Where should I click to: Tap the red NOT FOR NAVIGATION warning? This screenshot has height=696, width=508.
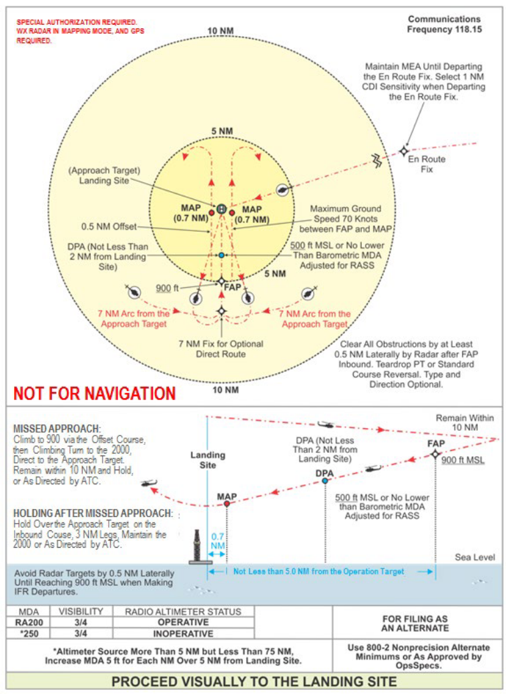(x=94, y=393)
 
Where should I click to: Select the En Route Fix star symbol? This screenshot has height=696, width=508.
(x=405, y=151)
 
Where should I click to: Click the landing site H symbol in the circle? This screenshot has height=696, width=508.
(x=222, y=208)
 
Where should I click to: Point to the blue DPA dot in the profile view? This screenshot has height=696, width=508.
(x=324, y=480)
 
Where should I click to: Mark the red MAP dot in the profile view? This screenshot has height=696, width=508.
(x=227, y=503)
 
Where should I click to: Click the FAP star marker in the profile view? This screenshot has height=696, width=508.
(x=435, y=454)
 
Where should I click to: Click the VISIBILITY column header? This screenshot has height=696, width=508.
(x=80, y=611)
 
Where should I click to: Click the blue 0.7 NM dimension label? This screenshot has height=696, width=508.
(x=218, y=540)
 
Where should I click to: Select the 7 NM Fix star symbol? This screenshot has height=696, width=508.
(x=222, y=312)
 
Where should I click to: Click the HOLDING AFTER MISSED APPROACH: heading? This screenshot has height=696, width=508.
(x=92, y=514)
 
